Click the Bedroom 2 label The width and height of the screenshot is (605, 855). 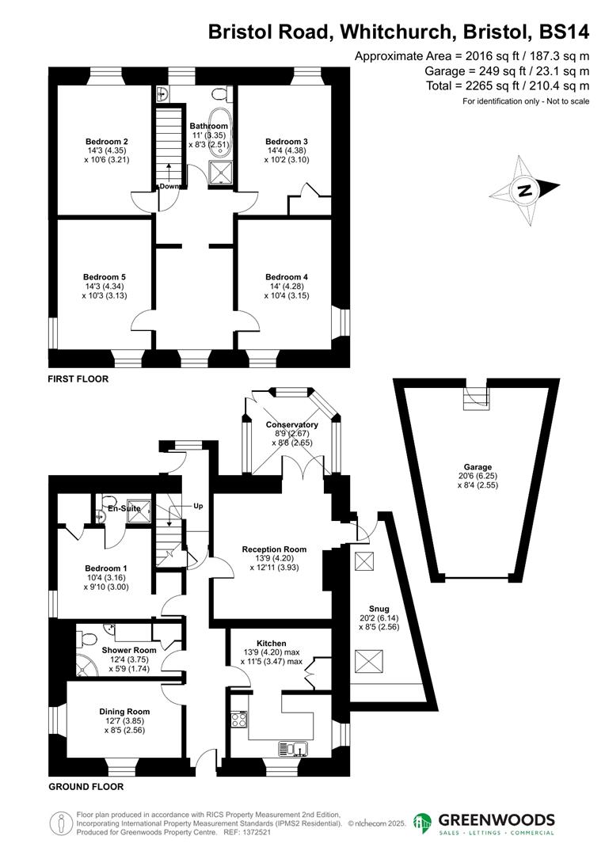tap(107, 142)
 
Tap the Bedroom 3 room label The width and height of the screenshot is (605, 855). tap(286, 142)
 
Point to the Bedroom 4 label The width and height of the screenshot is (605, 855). tap(287, 277)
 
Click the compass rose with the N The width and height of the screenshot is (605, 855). tap(523, 190)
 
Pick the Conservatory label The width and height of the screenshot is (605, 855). tap(291, 425)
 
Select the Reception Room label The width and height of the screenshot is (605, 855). tap(274, 549)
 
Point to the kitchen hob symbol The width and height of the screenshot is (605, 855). tap(238, 720)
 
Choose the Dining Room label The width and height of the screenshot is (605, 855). tap(124, 712)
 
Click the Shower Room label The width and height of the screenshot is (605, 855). tap(129, 650)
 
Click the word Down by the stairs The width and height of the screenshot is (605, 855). tap(169, 187)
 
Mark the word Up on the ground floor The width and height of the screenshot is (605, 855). tap(199, 505)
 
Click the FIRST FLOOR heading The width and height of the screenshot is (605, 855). tap(78, 379)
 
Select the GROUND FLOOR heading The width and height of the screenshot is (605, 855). tap(86, 787)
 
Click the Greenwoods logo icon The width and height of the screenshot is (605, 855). tap(424, 823)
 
